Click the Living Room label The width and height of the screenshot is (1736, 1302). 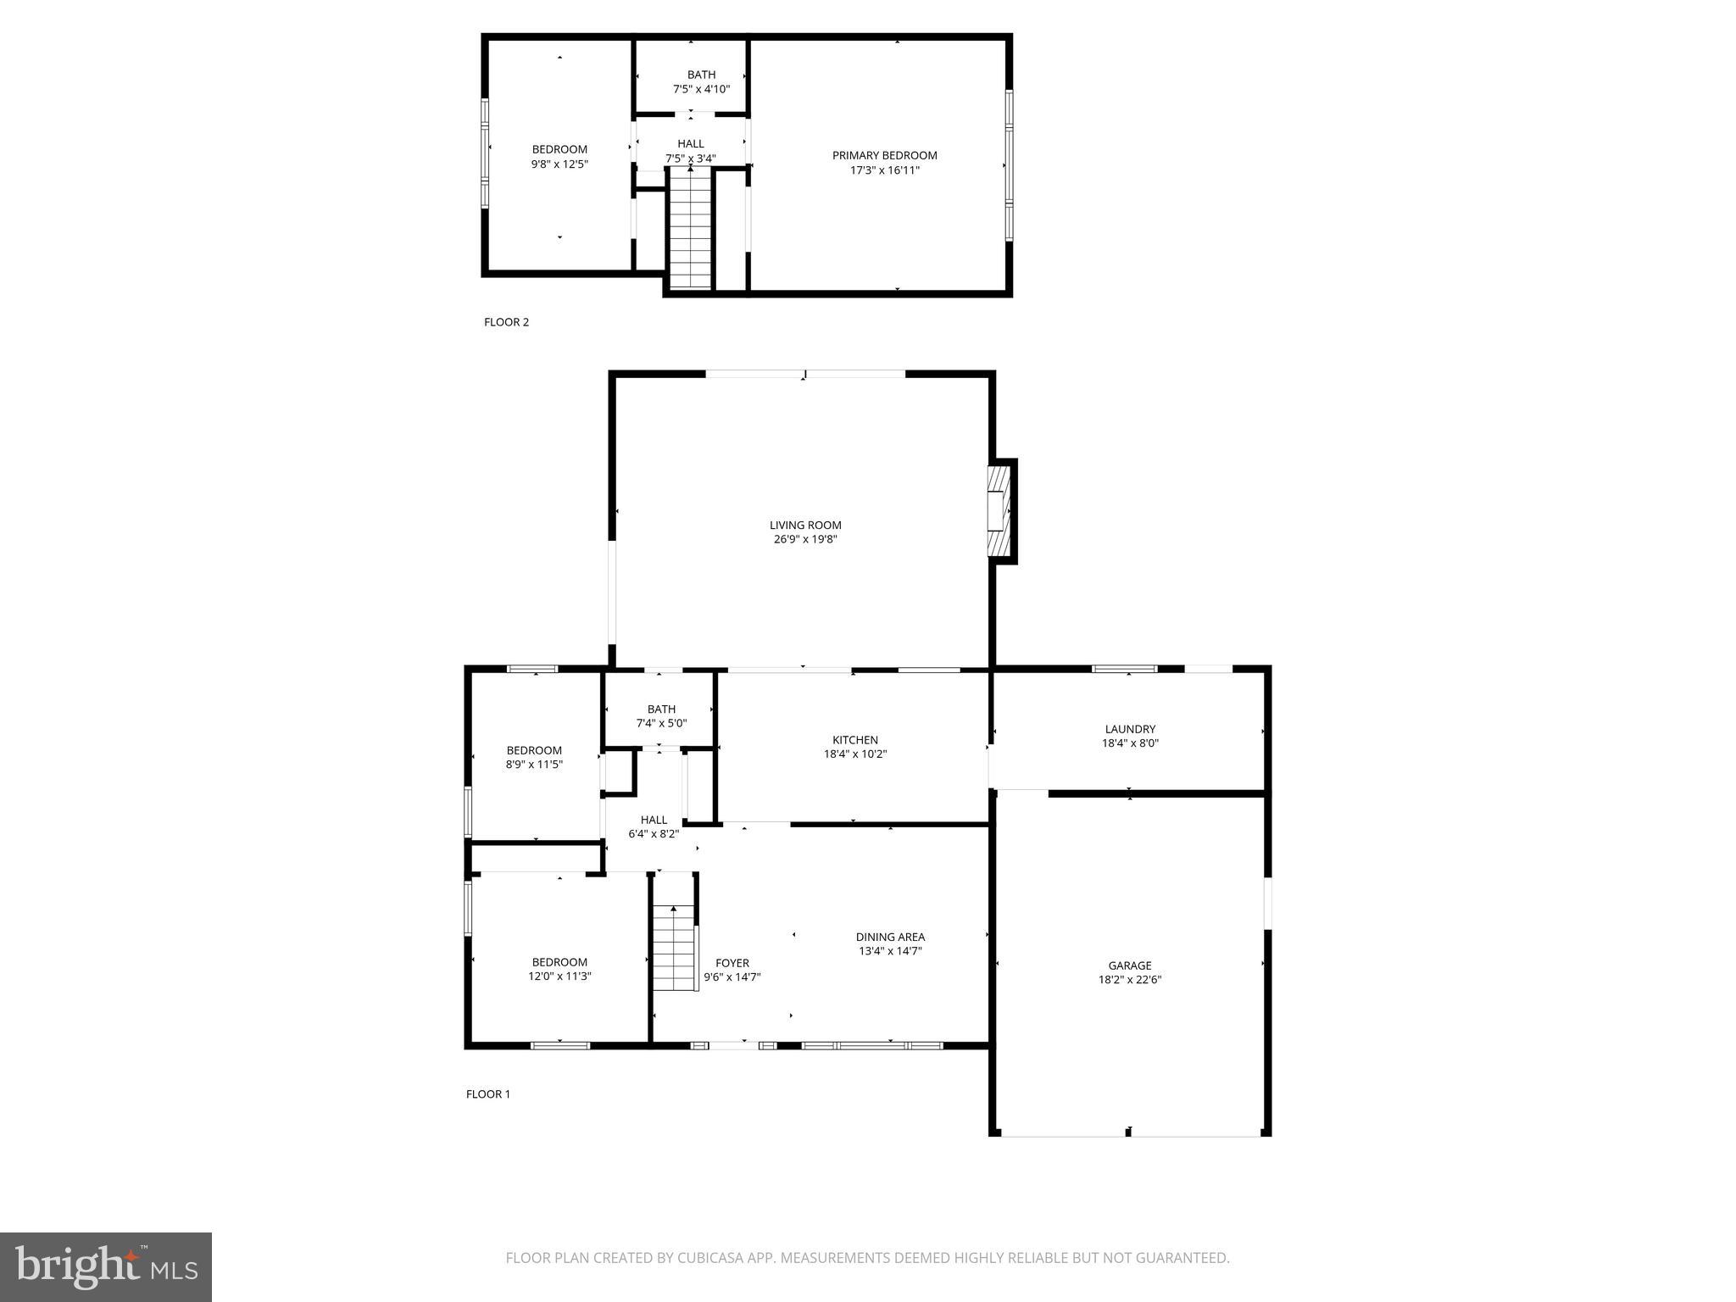tap(805, 525)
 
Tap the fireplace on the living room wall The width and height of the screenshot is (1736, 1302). tap(1001, 511)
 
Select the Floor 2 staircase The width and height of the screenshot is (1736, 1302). tap(691, 229)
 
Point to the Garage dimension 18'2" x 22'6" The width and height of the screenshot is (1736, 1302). tap(1130, 980)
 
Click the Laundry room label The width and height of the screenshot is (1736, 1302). tap(1130, 729)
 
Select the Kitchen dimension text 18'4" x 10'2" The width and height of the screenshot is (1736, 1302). tap(855, 754)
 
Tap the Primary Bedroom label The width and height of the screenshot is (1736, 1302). tap(884, 155)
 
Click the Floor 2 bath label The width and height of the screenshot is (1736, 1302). tap(701, 75)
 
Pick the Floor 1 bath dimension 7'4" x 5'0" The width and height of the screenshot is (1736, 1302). tap(661, 724)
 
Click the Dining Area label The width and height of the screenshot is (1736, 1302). tap(890, 937)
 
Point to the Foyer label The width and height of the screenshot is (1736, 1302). tap(732, 963)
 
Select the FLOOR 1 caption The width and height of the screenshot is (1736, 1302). tap(488, 1094)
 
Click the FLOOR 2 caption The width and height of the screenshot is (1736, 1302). tap(506, 322)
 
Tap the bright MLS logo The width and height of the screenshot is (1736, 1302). tap(106, 1267)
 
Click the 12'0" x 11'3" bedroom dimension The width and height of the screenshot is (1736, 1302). tap(559, 976)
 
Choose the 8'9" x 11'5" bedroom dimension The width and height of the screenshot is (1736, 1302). tap(534, 765)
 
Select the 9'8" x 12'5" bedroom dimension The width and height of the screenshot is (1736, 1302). tap(559, 164)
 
